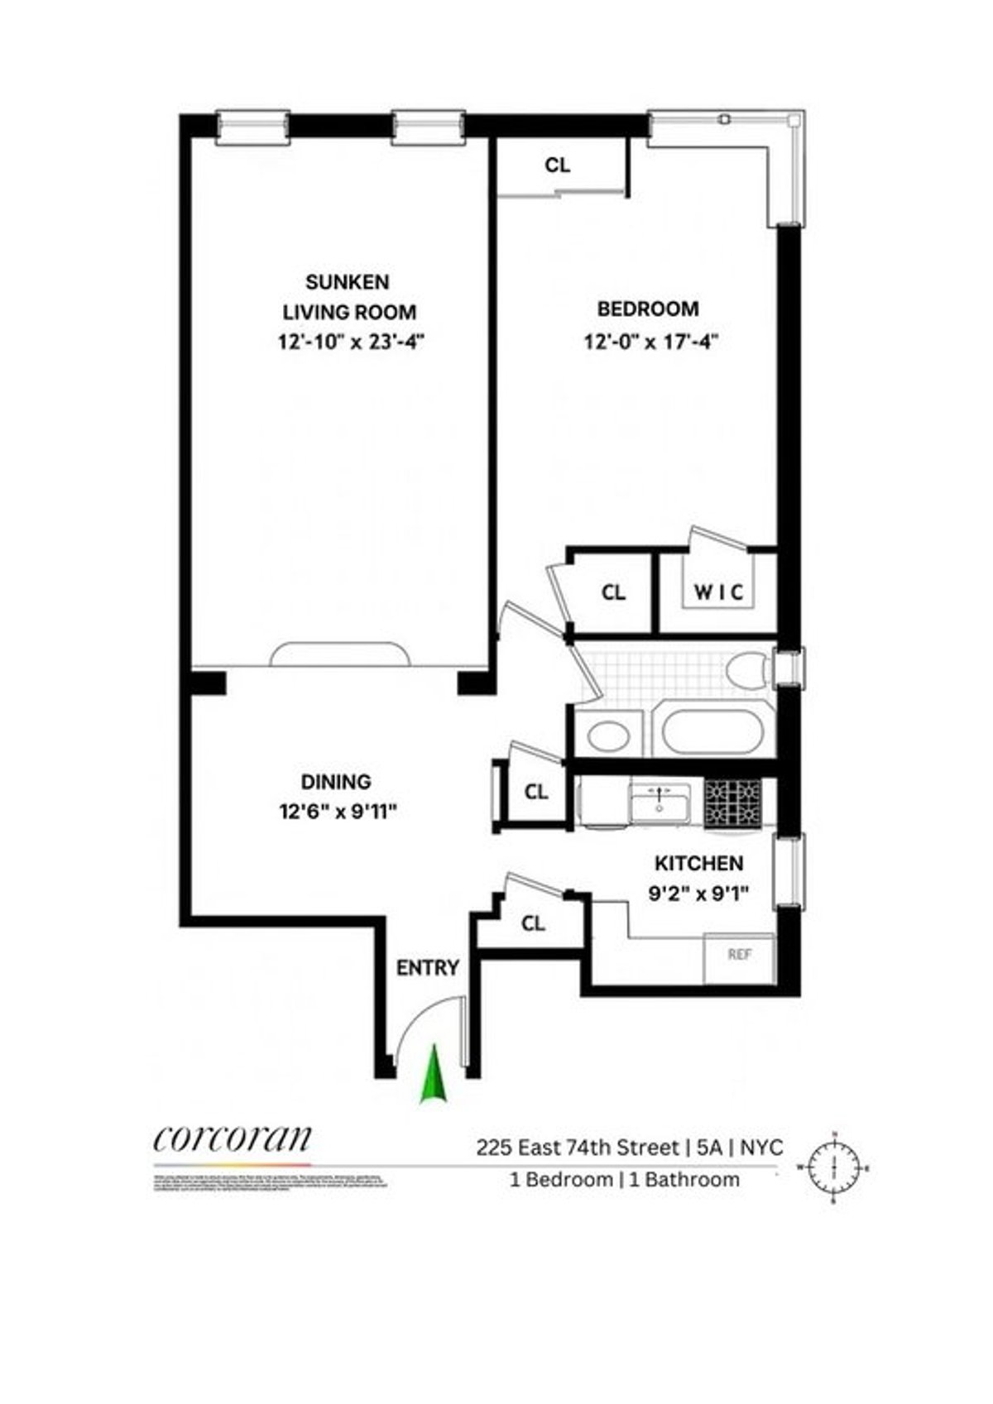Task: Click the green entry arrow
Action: pyautogui.click(x=432, y=1075)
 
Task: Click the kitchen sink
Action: pyautogui.click(x=660, y=803)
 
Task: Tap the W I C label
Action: pyautogui.click(x=718, y=592)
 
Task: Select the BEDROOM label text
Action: pyautogui.click(x=648, y=309)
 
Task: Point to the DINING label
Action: pyautogui.click(x=335, y=781)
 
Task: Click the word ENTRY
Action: pyautogui.click(x=427, y=967)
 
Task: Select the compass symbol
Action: pyautogui.click(x=834, y=1167)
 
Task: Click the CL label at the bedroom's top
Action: pyautogui.click(x=558, y=165)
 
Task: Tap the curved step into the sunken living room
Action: pyautogui.click(x=340, y=654)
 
